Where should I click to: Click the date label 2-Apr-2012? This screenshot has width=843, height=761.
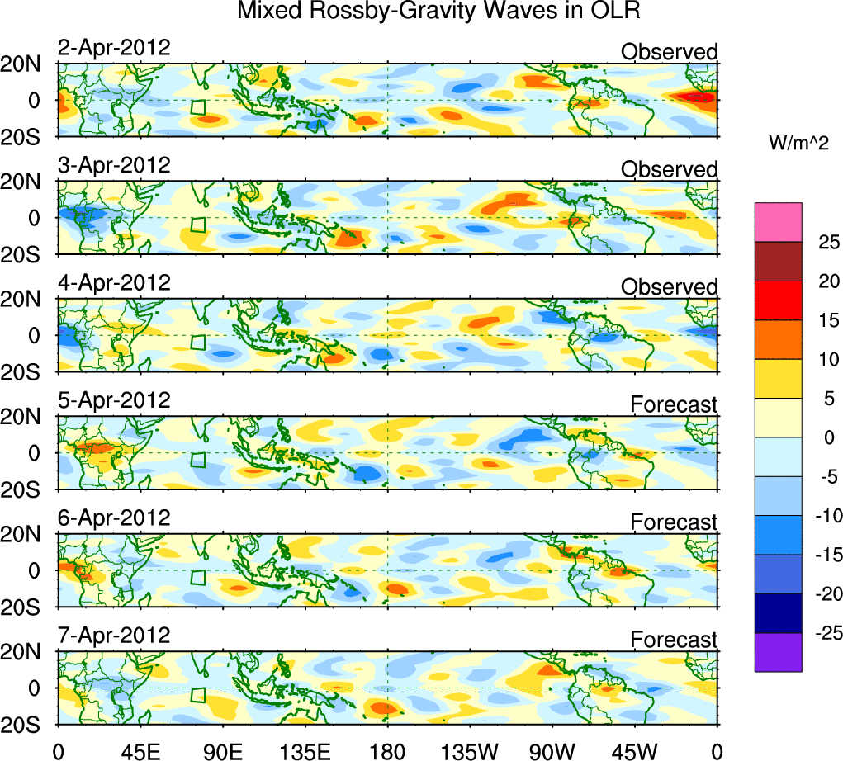114,47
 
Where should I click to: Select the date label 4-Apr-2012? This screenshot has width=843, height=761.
114,282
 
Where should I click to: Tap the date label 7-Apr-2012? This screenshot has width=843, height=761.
114,636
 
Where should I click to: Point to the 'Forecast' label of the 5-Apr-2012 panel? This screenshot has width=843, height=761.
674,404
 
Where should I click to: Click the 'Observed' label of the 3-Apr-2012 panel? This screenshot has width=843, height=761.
669,169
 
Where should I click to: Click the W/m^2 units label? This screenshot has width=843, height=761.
798,143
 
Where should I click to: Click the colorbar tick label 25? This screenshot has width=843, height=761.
822,242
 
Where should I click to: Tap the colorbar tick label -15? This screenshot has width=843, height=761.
822,555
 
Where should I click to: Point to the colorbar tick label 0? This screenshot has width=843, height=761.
822,438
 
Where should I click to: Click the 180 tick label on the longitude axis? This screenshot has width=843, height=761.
387,749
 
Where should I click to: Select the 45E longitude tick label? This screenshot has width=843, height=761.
140,749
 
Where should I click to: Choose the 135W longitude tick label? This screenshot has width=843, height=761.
470,749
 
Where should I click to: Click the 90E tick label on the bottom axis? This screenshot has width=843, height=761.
222,749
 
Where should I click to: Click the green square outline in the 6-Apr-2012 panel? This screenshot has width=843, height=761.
197,577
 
